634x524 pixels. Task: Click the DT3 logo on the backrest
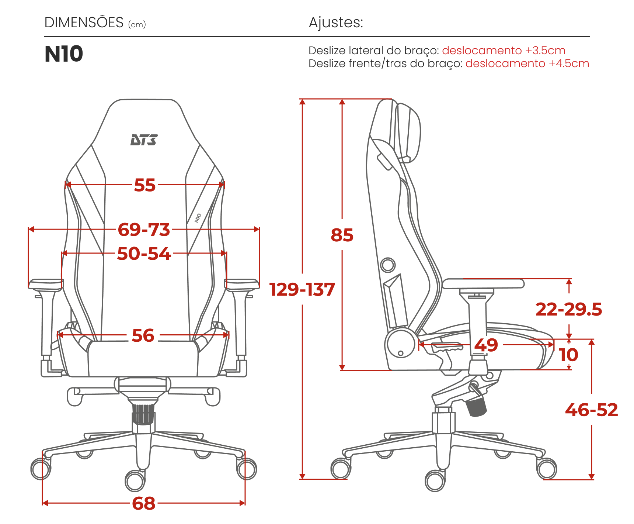tap(144, 140)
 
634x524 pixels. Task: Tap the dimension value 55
tap(145, 185)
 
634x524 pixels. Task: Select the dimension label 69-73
tap(144, 230)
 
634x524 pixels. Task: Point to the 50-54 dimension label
tap(144, 254)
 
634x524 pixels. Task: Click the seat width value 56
tap(143, 336)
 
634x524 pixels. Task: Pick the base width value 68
tap(144, 503)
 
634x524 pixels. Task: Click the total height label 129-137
tap(302, 290)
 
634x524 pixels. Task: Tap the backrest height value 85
tap(342, 235)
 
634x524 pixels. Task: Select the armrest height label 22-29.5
tap(569, 309)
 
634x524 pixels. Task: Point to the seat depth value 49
tap(486, 345)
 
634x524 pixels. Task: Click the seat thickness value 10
tap(568, 355)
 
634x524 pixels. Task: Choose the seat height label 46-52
tap(592, 410)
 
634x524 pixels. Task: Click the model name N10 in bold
tap(64, 54)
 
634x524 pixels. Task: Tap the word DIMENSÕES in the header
tap(84, 23)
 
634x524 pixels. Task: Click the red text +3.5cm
tap(546, 51)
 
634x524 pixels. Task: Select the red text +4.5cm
tap(569, 63)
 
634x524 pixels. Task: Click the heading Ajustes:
tap(336, 23)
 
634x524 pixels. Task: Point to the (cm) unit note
tap(137, 25)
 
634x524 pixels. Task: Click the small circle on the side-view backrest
tap(388, 265)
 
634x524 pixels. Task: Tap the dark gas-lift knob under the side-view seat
tap(476, 406)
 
